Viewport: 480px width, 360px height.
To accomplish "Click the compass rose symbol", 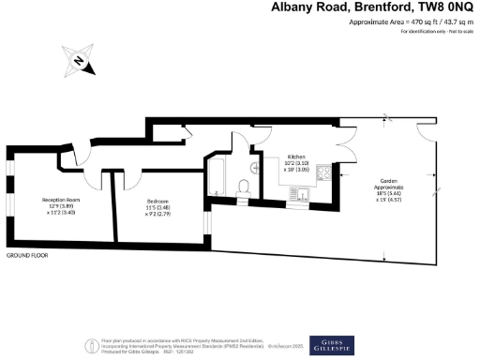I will (80, 64).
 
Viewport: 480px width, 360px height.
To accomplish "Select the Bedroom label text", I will (157, 201).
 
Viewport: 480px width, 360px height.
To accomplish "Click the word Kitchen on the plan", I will (296, 156).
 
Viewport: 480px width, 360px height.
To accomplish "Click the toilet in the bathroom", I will (245, 189).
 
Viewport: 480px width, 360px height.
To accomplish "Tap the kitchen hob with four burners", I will (324, 172).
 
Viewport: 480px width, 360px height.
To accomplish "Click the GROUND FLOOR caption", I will (27, 255).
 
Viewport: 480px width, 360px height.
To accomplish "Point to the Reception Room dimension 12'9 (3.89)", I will (59, 206).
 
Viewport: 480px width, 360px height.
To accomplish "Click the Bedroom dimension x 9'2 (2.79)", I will (157, 213).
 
